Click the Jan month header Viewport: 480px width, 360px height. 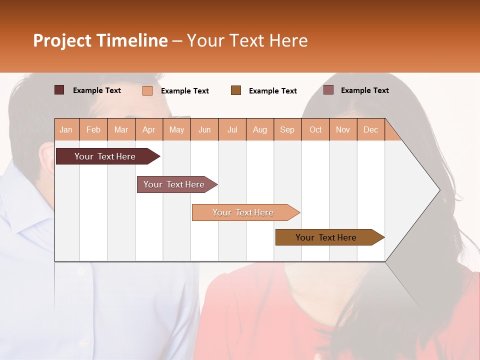[x=66, y=129]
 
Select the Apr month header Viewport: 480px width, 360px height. [x=149, y=129]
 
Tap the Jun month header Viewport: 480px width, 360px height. [x=204, y=129]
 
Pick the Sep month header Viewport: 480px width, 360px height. [x=287, y=129]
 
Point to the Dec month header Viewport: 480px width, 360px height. [x=370, y=129]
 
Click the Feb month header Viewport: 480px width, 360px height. [x=93, y=129]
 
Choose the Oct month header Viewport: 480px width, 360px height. [x=315, y=129]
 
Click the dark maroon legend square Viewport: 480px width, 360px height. [x=59, y=90]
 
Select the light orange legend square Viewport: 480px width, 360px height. [x=147, y=90]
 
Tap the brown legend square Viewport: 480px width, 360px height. [x=236, y=90]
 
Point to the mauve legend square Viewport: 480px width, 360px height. [x=328, y=90]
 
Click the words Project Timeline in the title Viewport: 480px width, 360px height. [x=100, y=40]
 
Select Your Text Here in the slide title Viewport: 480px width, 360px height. [x=247, y=40]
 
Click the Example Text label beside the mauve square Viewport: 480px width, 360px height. [x=364, y=90]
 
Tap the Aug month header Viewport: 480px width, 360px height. [x=259, y=129]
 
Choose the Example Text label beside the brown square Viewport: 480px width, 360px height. [x=272, y=91]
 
